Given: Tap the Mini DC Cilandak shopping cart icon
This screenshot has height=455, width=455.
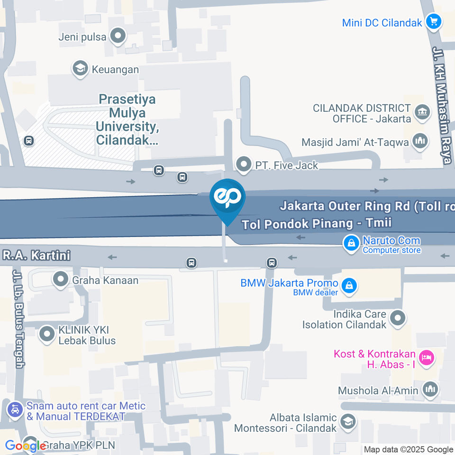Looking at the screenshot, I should click(x=433, y=21).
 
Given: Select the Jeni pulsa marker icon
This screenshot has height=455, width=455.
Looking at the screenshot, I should click(x=117, y=36).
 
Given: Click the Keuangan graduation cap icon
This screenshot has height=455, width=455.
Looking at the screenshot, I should click(x=80, y=69).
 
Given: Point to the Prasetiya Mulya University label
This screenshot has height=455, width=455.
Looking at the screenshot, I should click(x=127, y=119).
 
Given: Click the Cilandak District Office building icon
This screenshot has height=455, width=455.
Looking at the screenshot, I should click(x=421, y=113).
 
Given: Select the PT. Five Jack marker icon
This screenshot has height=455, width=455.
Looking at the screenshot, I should click(x=244, y=165).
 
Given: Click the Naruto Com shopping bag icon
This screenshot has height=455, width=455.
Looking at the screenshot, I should click(x=351, y=243).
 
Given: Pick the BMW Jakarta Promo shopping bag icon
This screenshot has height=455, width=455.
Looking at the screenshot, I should click(x=349, y=286).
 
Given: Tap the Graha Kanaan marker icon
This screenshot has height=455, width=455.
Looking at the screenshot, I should click(x=61, y=280).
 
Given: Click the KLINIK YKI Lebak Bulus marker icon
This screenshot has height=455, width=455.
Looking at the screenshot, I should click(x=47, y=335).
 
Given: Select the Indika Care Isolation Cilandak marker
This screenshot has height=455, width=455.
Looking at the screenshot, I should click(x=398, y=318).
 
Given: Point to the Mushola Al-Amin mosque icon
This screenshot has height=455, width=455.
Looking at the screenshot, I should click(x=430, y=390).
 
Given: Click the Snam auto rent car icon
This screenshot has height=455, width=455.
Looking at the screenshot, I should click(x=15, y=409).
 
